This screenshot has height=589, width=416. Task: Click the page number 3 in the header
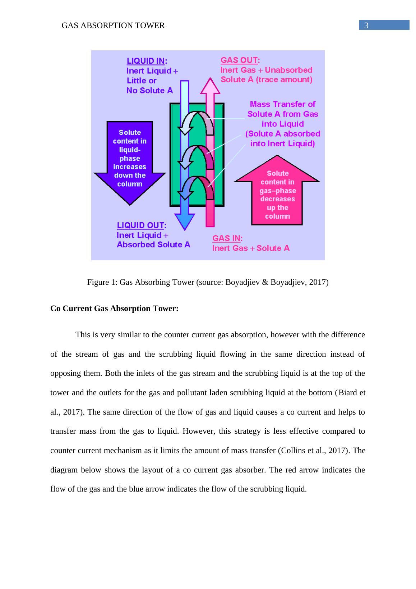tap(366, 26)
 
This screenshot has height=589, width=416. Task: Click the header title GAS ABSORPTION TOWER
tap(113, 26)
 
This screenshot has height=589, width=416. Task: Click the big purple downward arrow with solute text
tap(130, 162)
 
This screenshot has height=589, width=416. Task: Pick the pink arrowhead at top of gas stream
tap(210, 87)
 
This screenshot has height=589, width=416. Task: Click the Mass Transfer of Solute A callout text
tap(283, 124)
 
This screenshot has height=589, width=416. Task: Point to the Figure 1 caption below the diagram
tap(208, 282)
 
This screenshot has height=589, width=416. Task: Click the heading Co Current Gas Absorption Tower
tap(114, 309)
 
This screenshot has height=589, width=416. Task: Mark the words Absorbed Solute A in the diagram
tap(153, 245)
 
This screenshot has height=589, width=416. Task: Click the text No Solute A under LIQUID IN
tap(150, 91)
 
